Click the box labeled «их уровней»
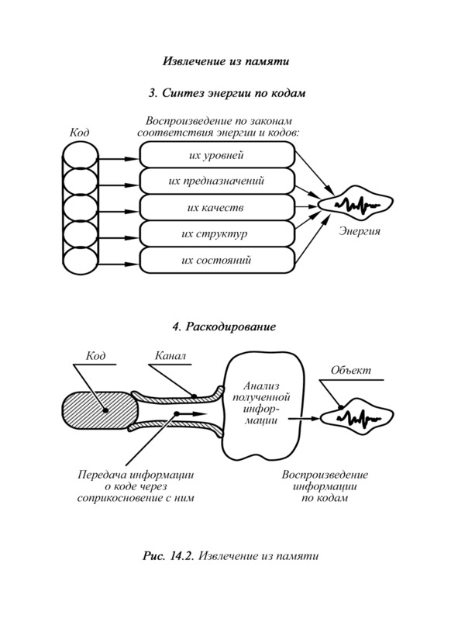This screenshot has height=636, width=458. [x=217, y=154]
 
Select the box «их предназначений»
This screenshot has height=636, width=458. [x=217, y=181]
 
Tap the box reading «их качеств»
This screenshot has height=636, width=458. [x=217, y=207]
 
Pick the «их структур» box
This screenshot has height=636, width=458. [x=217, y=233]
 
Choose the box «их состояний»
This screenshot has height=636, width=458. [x=217, y=260]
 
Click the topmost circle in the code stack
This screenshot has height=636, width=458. [x=81, y=156]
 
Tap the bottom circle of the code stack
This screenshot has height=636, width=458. [x=81, y=261]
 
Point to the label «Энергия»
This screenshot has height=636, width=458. [x=360, y=232]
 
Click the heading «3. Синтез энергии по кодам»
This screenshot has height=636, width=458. [x=226, y=93]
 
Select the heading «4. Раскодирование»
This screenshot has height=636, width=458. [x=224, y=327]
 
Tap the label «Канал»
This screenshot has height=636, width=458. [x=170, y=356]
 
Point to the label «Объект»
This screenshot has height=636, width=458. [x=350, y=370]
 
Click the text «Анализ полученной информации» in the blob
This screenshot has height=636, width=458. [x=261, y=403]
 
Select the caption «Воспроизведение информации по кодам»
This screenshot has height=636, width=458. [x=325, y=486]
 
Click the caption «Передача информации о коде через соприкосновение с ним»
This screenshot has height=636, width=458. [x=136, y=486]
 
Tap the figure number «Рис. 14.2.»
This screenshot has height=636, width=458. [x=169, y=555]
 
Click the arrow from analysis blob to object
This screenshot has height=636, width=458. [x=304, y=418]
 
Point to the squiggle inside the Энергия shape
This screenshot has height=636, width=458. [x=357, y=204]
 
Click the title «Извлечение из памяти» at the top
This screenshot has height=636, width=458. [x=226, y=61]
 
